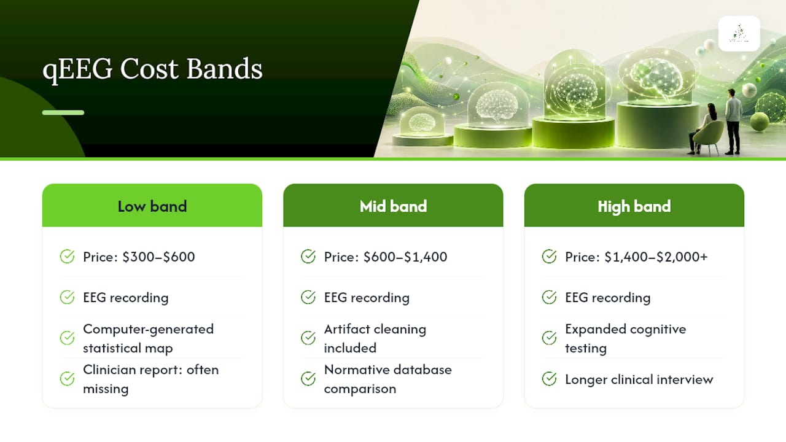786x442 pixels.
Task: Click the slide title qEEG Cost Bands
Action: coord(152,69)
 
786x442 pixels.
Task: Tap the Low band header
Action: coord(152,206)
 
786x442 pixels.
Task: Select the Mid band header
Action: coord(393,206)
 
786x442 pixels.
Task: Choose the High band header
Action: coord(634,206)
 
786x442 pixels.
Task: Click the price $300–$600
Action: coord(158,257)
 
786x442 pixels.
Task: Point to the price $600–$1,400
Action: coord(405,257)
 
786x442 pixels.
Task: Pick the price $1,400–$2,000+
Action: coord(656,257)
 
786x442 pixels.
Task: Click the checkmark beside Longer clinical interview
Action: coord(549,379)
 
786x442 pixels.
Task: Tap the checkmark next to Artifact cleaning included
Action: coord(308,338)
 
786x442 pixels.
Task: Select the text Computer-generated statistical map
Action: coord(148,338)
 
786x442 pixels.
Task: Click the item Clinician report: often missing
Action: coord(150,379)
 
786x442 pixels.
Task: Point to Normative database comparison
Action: coord(387,379)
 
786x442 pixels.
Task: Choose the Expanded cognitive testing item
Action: coord(625,338)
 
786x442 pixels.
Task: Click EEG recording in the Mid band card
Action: coord(367,298)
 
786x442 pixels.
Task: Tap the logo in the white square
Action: coord(739,34)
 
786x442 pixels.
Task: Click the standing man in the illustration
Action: coord(733,122)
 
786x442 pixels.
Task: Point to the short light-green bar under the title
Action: coord(63,112)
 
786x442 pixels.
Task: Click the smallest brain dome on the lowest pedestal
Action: coord(422,121)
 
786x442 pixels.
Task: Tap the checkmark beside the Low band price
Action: coord(67,257)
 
